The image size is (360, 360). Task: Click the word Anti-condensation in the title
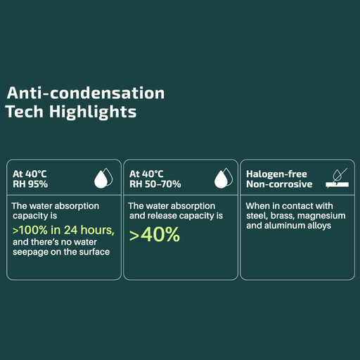click(85, 93)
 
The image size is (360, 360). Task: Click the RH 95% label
click(30, 185)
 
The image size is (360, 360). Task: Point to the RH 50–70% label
click(155, 185)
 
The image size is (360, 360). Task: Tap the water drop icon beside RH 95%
click(103, 179)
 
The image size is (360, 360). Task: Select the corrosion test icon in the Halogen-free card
click(338, 178)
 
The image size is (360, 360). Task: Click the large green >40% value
click(155, 235)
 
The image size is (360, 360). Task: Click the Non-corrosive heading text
click(278, 185)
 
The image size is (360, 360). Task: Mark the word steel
click(257, 216)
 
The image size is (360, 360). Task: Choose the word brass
click(285, 216)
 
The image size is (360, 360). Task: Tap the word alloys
click(319, 226)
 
